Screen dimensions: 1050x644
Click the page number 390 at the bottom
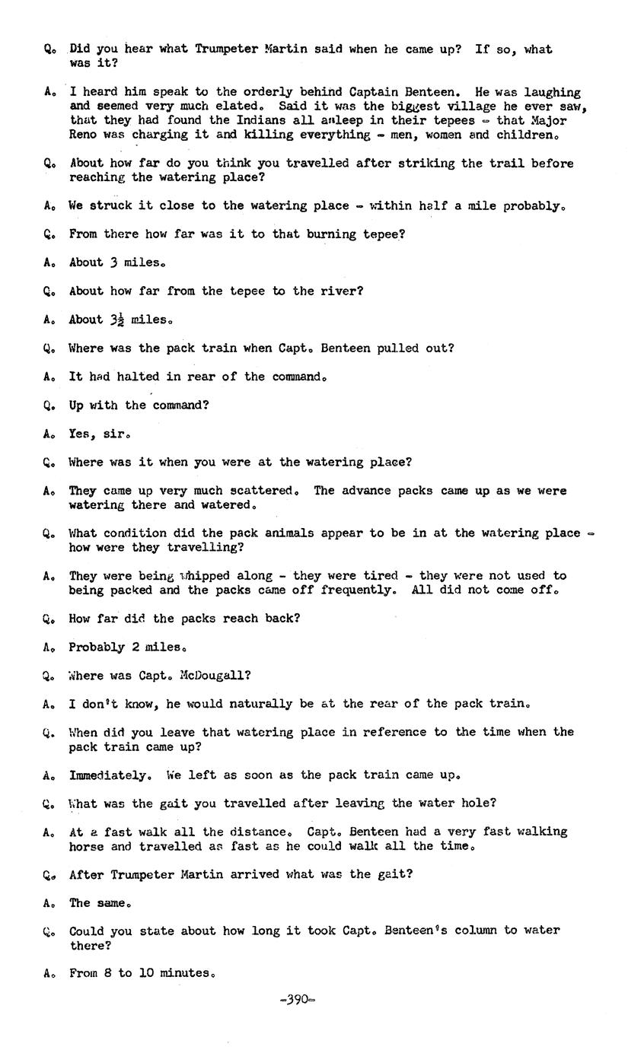coord(298,1000)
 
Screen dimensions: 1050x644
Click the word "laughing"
coord(552,92)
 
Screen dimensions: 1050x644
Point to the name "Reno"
coord(83,135)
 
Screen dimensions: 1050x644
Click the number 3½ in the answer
coord(117,320)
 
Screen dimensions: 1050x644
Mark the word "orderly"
coord(269,92)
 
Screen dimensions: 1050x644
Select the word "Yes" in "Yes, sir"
coord(80,434)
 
